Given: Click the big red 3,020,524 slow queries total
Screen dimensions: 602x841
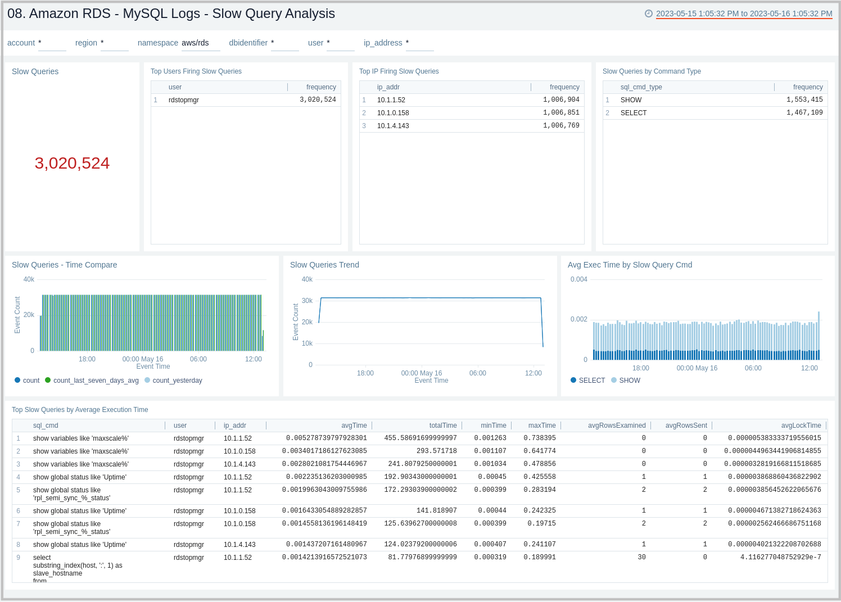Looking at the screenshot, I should (72, 163).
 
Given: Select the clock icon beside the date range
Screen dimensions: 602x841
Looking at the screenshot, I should (649, 14).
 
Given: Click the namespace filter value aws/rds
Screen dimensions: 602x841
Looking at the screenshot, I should (195, 43).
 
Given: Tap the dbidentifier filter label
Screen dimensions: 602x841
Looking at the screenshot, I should (248, 43).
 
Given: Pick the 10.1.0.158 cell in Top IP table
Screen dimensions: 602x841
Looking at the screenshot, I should (393, 113).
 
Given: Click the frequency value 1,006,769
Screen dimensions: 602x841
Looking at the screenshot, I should (560, 126).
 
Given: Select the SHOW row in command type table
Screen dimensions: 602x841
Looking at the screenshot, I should (631, 100).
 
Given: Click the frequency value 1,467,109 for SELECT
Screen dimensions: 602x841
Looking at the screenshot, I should (804, 113).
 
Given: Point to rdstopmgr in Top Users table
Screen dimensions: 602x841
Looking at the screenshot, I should (184, 100).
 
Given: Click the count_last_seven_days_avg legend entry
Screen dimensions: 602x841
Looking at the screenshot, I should (96, 381).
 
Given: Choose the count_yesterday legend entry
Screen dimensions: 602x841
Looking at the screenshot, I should (177, 381).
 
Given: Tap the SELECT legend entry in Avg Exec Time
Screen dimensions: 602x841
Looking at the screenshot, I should (591, 381).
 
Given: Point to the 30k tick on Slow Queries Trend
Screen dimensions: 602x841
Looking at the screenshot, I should (307, 301).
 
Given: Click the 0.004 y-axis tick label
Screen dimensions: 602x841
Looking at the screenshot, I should (578, 279).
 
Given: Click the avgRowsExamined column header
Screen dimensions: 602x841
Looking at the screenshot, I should (616, 426).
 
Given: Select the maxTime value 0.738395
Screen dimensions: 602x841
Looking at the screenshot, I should (539, 438).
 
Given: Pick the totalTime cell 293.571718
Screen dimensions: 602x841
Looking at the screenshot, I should (436, 451).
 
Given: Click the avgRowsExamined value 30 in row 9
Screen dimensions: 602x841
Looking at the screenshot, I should (641, 558).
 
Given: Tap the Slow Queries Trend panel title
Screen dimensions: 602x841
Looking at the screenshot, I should (324, 265).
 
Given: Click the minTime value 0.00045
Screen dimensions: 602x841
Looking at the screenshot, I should (492, 477).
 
